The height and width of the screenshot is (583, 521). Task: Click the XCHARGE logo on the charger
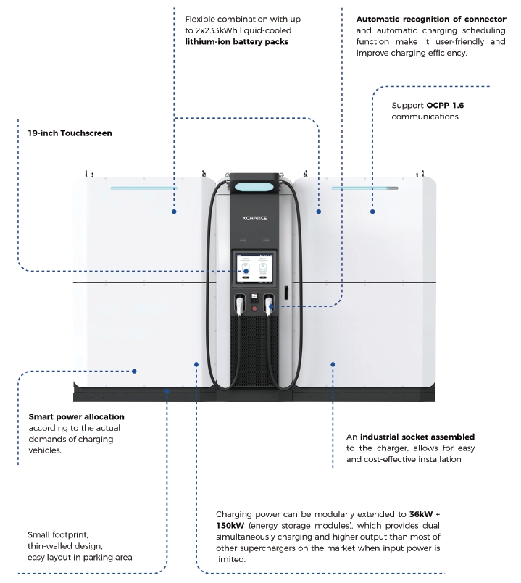click(254, 216)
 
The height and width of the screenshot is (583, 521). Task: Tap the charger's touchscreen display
click(254, 267)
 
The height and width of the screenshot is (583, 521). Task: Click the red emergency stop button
click(254, 309)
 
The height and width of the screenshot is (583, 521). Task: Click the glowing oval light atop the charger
click(254, 185)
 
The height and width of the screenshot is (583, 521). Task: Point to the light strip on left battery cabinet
click(143, 188)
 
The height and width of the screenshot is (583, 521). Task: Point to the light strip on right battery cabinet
click(364, 188)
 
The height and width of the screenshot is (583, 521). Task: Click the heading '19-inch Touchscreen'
click(65, 133)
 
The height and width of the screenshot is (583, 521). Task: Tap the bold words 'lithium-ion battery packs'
click(237, 42)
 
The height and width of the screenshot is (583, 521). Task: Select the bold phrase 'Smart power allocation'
click(76, 416)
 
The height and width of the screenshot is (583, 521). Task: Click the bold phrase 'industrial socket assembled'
click(417, 437)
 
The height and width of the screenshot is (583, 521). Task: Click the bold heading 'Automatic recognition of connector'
click(430, 19)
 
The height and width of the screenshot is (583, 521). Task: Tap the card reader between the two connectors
click(254, 298)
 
